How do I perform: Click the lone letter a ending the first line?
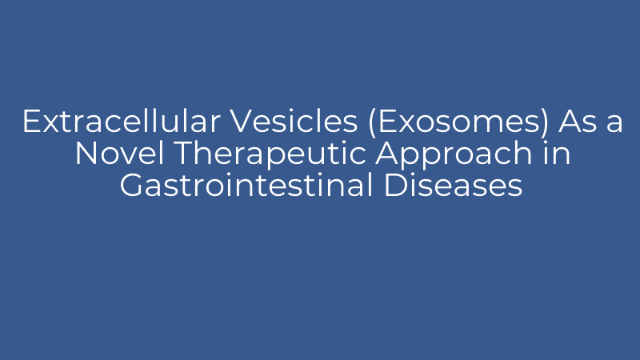[x=614, y=124]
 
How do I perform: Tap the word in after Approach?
[x=552, y=154]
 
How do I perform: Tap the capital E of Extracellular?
[x=30, y=122]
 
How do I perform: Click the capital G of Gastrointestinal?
[x=131, y=186]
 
